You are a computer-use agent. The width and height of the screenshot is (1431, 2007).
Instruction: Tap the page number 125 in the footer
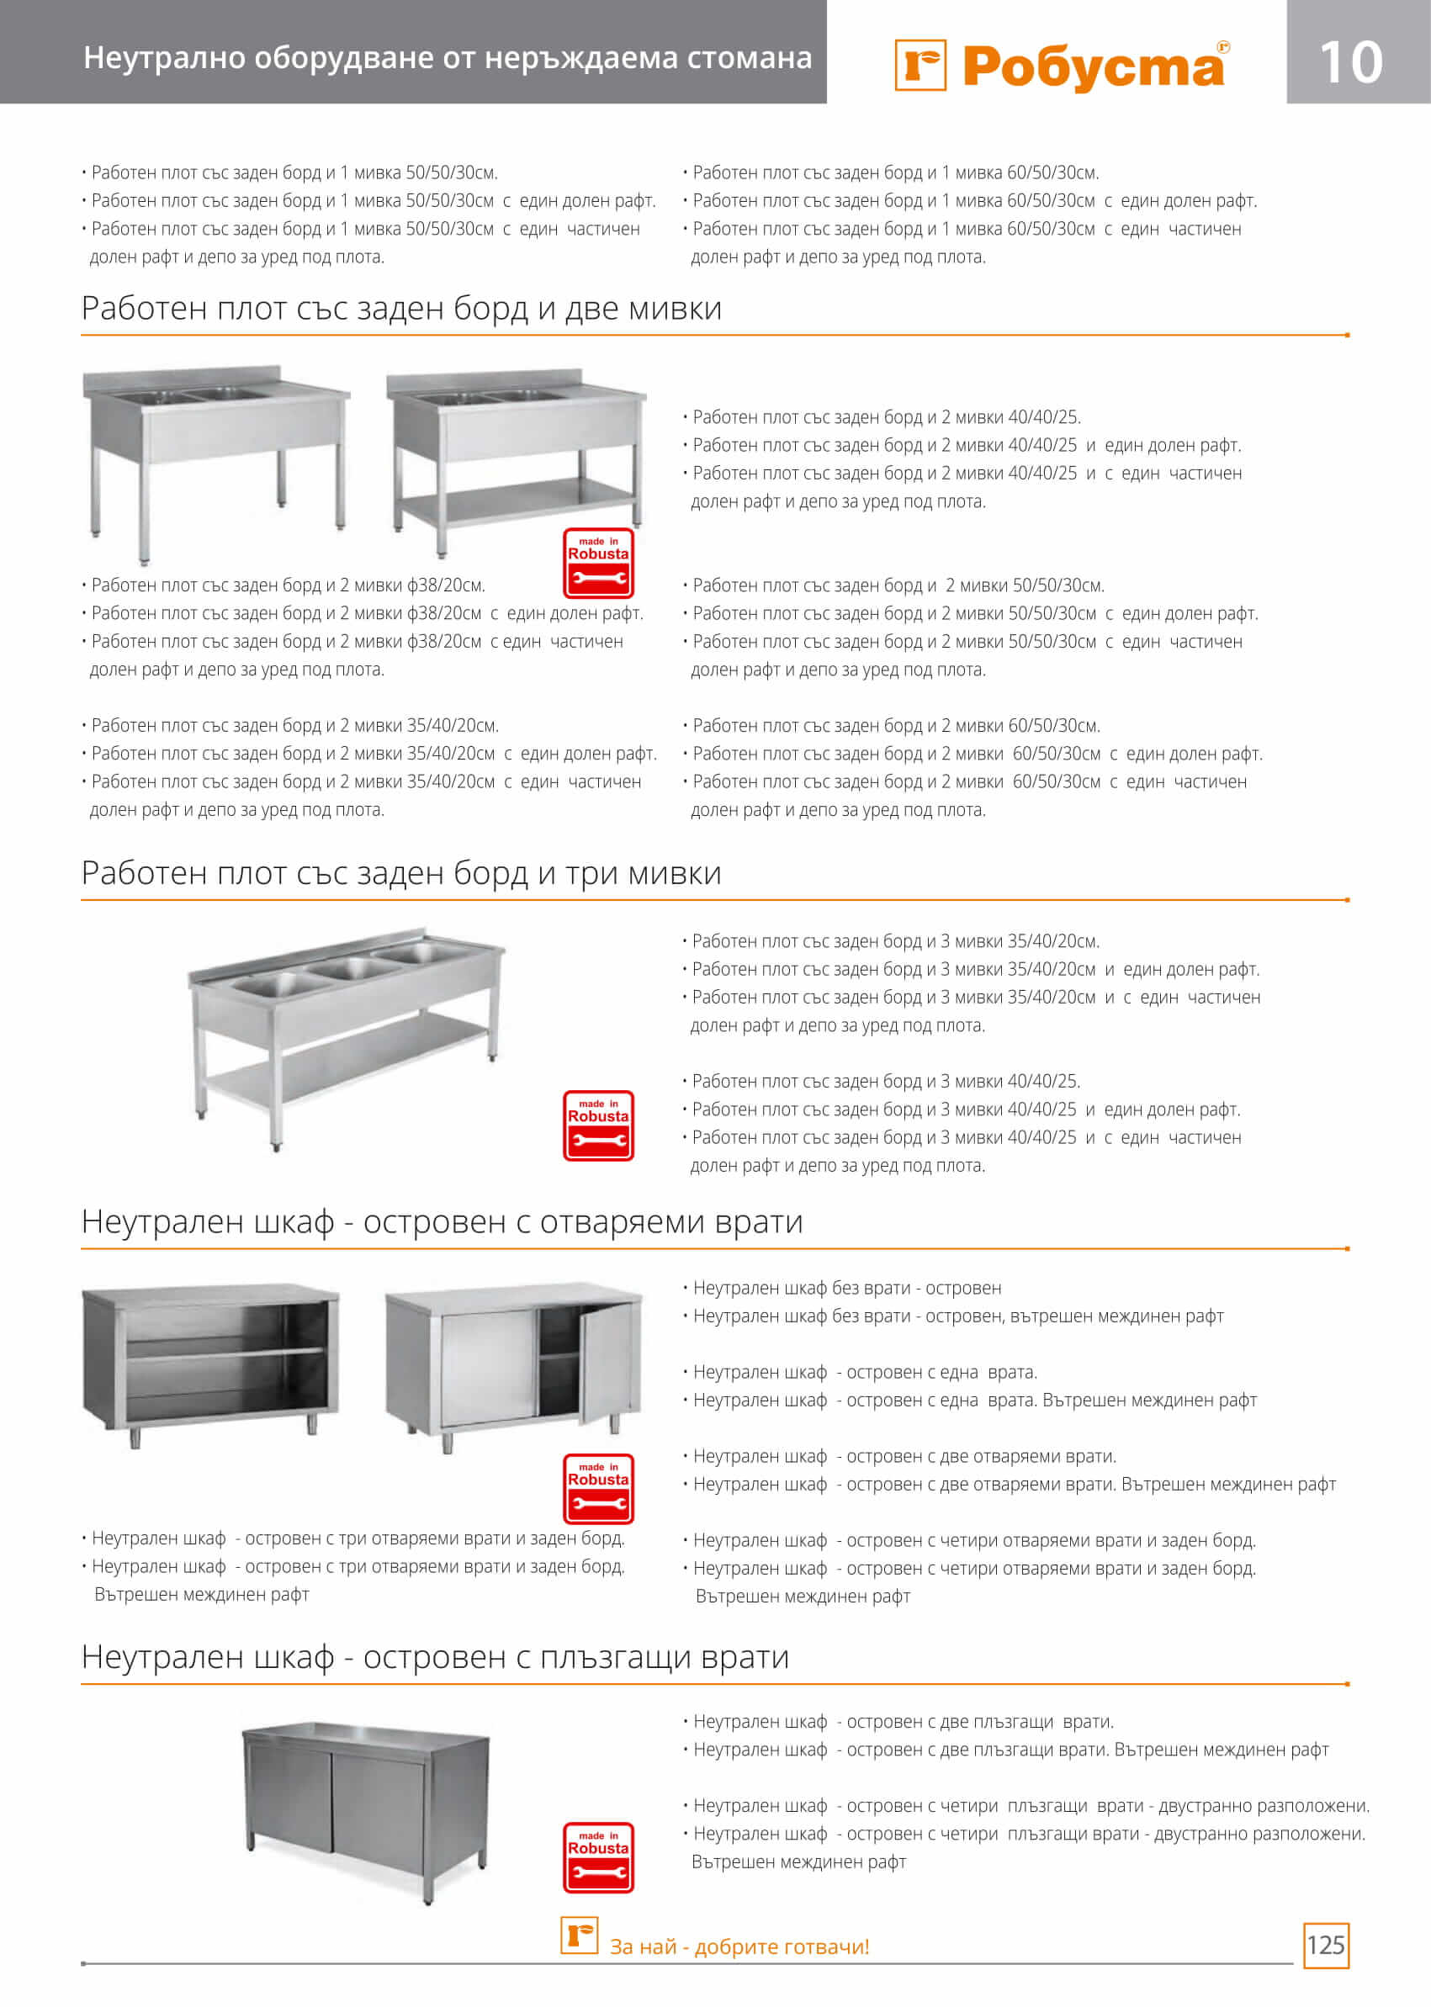[x=1325, y=1945]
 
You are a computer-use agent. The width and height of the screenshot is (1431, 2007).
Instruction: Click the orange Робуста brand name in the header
[x=1094, y=67]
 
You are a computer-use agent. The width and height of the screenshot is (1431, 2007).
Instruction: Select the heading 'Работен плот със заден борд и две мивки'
[x=401, y=309]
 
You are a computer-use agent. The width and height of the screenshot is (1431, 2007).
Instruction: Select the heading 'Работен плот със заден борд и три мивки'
[x=401, y=873]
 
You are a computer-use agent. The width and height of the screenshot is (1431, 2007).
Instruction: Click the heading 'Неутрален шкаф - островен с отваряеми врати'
[x=442, y=1221]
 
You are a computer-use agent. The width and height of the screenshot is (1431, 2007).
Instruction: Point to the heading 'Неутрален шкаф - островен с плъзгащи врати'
[x=434, y=1656]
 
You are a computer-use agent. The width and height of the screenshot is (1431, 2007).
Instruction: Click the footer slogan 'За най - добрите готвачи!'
[x=739, y=1946]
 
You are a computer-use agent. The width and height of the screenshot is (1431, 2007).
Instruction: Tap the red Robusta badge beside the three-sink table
[x=598, y=1125]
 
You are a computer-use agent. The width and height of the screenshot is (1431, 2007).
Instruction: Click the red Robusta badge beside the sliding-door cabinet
[x=598, y=1857]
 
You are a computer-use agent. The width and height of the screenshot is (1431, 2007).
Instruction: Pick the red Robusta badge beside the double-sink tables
[x=598, y=563]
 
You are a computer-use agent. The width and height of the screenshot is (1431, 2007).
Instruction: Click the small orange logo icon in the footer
[x=579, y=1935]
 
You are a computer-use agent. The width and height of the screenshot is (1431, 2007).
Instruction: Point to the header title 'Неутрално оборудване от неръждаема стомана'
[x=447, y=57]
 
